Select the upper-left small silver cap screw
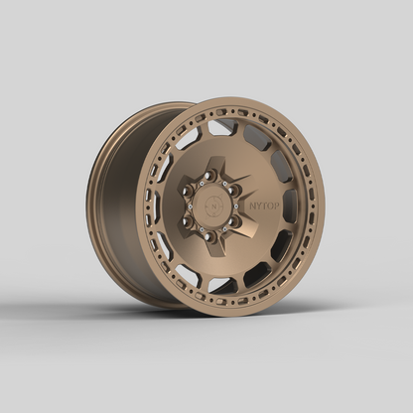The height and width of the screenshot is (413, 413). click(198, 182)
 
